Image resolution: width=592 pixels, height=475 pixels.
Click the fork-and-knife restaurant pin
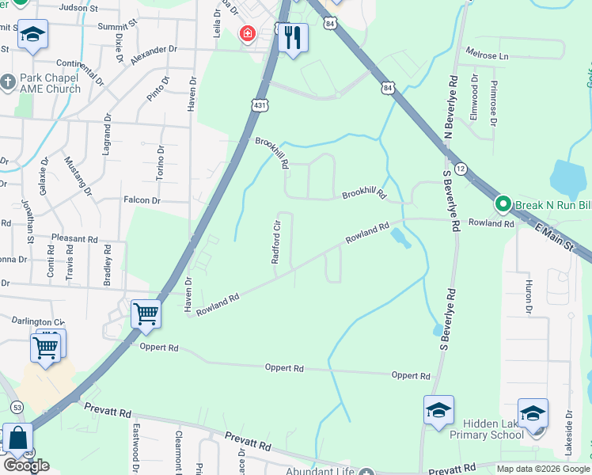click(x=293, y=36)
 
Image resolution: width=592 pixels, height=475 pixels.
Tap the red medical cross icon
click(x=248, y=34)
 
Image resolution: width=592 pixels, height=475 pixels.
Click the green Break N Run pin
click(x=503, y=204)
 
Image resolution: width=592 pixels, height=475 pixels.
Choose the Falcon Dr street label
click(x=142, y=201)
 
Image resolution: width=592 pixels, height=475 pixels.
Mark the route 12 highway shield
click(x=461, y=169)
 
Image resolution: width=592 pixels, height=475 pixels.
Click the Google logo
click(x=26, y=465)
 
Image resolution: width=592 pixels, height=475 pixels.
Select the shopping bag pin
click(x=17, y=439)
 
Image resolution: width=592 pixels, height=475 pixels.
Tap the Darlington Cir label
click(x=38, y=321)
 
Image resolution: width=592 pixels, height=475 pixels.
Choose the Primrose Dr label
click(x=493, y=103)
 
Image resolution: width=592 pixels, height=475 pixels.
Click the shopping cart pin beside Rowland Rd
click(x=146, y=314)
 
